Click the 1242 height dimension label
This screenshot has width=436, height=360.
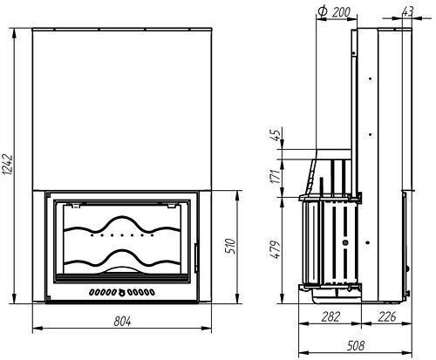[x=7, y=165]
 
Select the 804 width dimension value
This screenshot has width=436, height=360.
[x=122, y=322]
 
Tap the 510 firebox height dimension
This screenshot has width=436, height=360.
[x=230, y=247]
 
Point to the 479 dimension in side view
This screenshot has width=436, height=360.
[x=276, y=249]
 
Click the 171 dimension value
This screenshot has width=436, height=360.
[x=276, y=176]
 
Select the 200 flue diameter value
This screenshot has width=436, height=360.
[x=341, y=12]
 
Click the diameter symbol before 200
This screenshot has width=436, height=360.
[x=323, y=11]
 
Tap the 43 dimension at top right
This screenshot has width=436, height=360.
[x=407, y=12]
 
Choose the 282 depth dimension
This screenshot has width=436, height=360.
[x=330, y=316]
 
